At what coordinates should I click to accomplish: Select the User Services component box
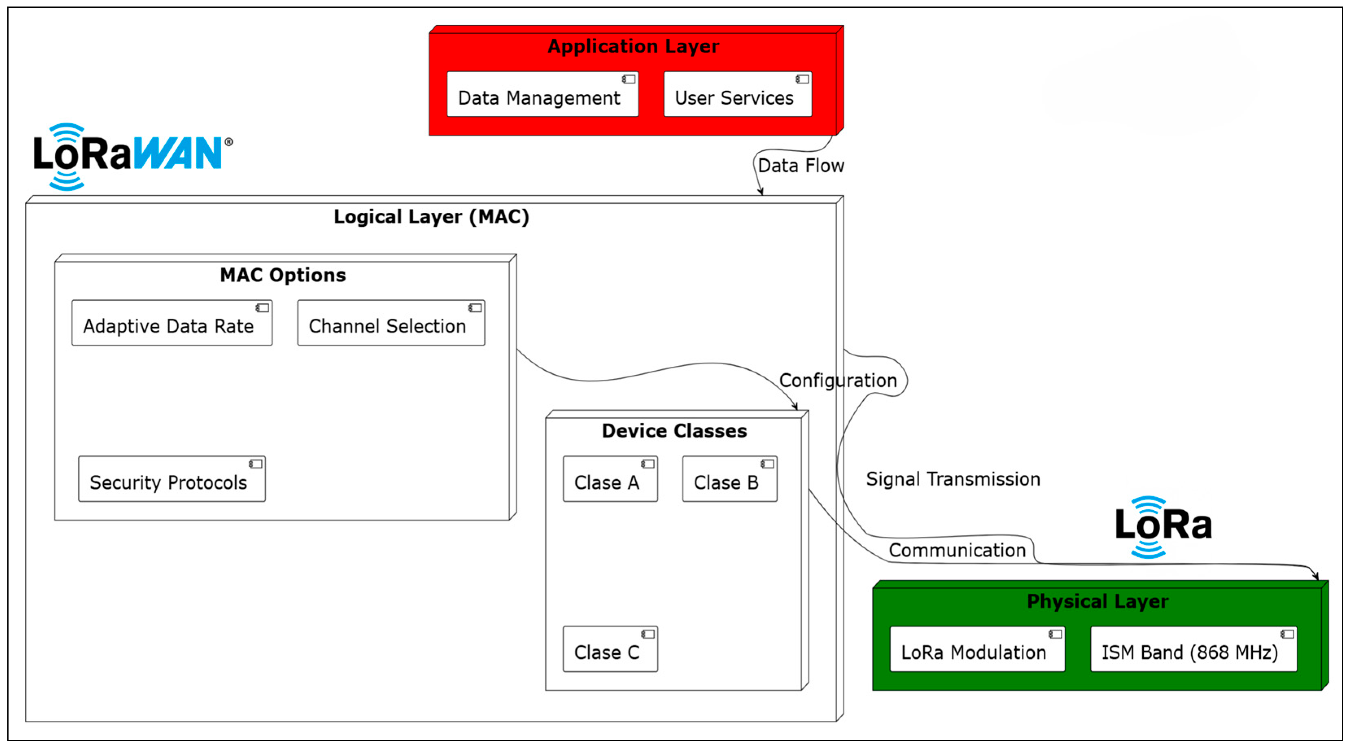pos(737,95)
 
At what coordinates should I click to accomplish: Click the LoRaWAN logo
pos(131,155)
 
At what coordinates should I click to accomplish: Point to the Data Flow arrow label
pos(800,166)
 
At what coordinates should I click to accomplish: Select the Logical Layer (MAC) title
pos(431,217)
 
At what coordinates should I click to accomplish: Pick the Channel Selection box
pos(390,323)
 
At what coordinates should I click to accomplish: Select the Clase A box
pos(610,479)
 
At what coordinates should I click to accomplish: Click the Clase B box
pos(729,479)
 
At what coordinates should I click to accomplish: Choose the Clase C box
pos(610,649)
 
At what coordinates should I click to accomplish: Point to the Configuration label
pos(837,380)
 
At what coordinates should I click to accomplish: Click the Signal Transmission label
pos(952,479)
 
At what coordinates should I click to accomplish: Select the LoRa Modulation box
pos(977,649)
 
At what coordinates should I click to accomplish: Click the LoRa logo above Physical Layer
pos(1162,526)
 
